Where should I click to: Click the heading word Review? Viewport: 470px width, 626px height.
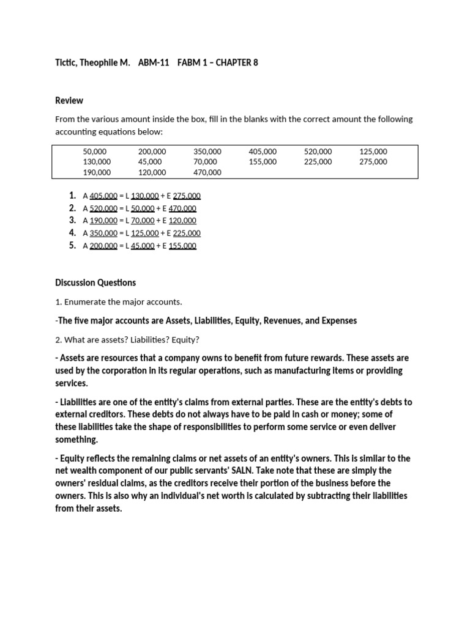pyautogui.click(x=69, y=100)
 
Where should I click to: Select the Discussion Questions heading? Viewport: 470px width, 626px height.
pyautogui.click(x=95, y=282)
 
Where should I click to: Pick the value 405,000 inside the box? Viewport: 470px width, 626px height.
pyautogui.click(x=263, y=151)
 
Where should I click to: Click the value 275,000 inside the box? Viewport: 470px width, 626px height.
pyautogui.click(x=373, y=162)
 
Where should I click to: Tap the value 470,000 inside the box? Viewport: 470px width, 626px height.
pyautogui.click(x=207, y=173)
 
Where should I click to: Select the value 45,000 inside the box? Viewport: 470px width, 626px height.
pyautogui.click(x=150, y=162)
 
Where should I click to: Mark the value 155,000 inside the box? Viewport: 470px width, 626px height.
pyautogui.click(x=263, y=162)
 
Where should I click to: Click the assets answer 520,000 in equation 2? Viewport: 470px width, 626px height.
pyautogui.click(x=103, y=208)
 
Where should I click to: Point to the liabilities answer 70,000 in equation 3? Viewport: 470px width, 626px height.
pyautogui.click(x=141, y=221)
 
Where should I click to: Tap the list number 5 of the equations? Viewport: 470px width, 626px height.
pyautogui.click(x=72, y=245)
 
